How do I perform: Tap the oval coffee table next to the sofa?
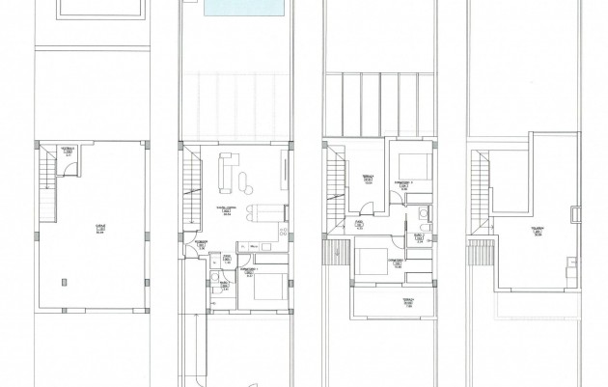(x=241, y=175)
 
